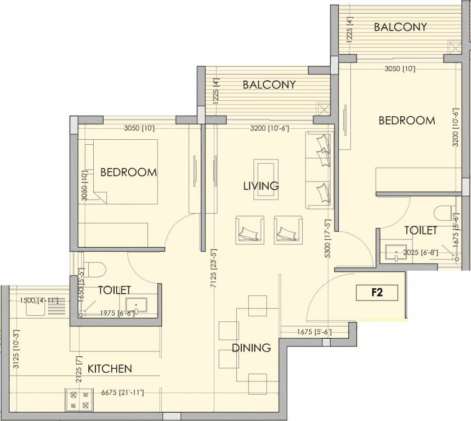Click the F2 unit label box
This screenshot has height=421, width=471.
coord(376,293)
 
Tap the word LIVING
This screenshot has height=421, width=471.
coord(261,186)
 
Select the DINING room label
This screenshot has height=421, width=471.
coord(251,348)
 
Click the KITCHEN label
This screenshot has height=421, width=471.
coord(110,368)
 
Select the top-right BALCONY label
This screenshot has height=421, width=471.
coord(400,27)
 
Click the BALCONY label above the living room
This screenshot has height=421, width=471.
coord(269,84)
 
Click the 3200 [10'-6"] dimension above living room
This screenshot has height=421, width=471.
coord(266,129)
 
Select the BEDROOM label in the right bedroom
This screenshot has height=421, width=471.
coord(406,120)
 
